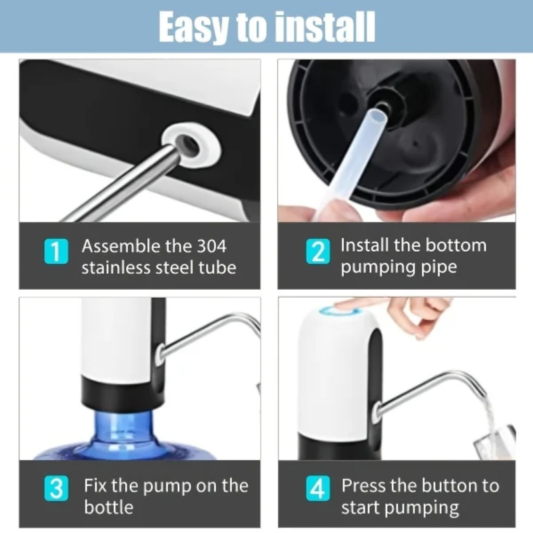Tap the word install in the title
[324, 27]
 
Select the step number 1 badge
[56, 251]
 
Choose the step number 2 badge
[318, 251]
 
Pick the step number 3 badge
[56, 488]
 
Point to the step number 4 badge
[318, 488]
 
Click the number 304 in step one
[211, 246]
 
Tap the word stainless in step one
[116, 268]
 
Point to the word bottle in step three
[109, 507]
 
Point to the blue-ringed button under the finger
[341, 311]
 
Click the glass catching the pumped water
[496, 441]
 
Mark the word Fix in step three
[95, 485]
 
